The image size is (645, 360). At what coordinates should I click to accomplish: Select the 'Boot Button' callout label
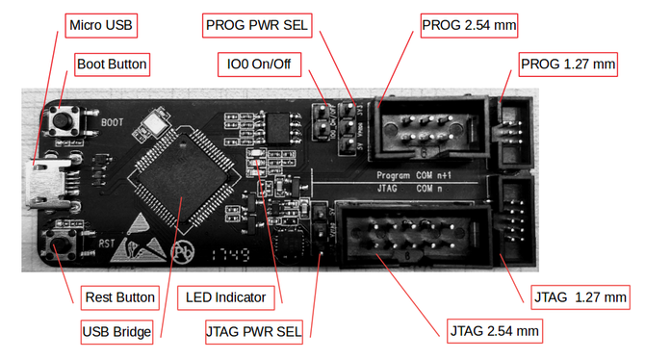click(112, 65)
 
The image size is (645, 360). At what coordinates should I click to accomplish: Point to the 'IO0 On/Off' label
click(259, 65)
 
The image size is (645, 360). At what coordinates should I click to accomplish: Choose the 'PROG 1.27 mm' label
click(567, 65)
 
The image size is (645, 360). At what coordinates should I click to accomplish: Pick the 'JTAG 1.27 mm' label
click(580, 297)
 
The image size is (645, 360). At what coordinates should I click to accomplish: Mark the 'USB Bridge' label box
click(116, 333)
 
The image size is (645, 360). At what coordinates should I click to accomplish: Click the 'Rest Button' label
click(120, 296)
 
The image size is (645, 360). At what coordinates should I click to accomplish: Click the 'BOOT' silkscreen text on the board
click(112, 123)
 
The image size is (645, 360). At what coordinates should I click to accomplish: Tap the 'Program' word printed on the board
click(395, 177)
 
